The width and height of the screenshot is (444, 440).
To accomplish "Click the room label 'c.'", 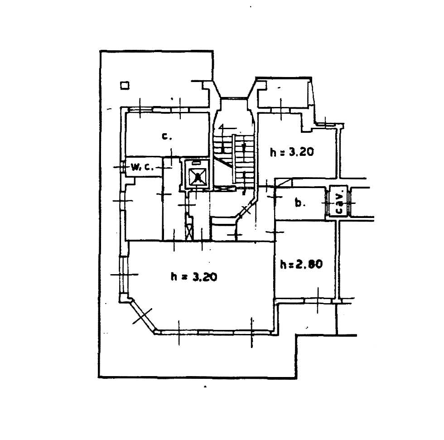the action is [x=167, y=137].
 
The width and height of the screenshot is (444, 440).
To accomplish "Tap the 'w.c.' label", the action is [x=142, y=167].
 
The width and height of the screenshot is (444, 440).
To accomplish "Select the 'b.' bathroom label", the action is [x=300, y=203].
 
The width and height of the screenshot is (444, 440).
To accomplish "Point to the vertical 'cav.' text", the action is [x=339, y=202].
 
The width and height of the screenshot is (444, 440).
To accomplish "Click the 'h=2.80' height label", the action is [x=301, y=264].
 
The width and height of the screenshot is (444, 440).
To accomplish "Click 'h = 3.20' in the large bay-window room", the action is [x=194, y=276].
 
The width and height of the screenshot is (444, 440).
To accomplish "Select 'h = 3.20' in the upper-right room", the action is [x=292, y=152].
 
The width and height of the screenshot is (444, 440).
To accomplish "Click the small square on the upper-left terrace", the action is [x=125, y=85].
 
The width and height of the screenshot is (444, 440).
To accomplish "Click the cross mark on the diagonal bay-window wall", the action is [x=142, y=316].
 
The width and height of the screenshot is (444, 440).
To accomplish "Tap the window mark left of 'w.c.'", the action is [x=122, y=167].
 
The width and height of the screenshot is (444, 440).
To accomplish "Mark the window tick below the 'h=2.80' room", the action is [x=318, y=300].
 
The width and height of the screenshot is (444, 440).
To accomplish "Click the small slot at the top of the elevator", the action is [x=196, y=163].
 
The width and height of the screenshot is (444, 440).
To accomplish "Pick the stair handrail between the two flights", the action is [x=234, y=159].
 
